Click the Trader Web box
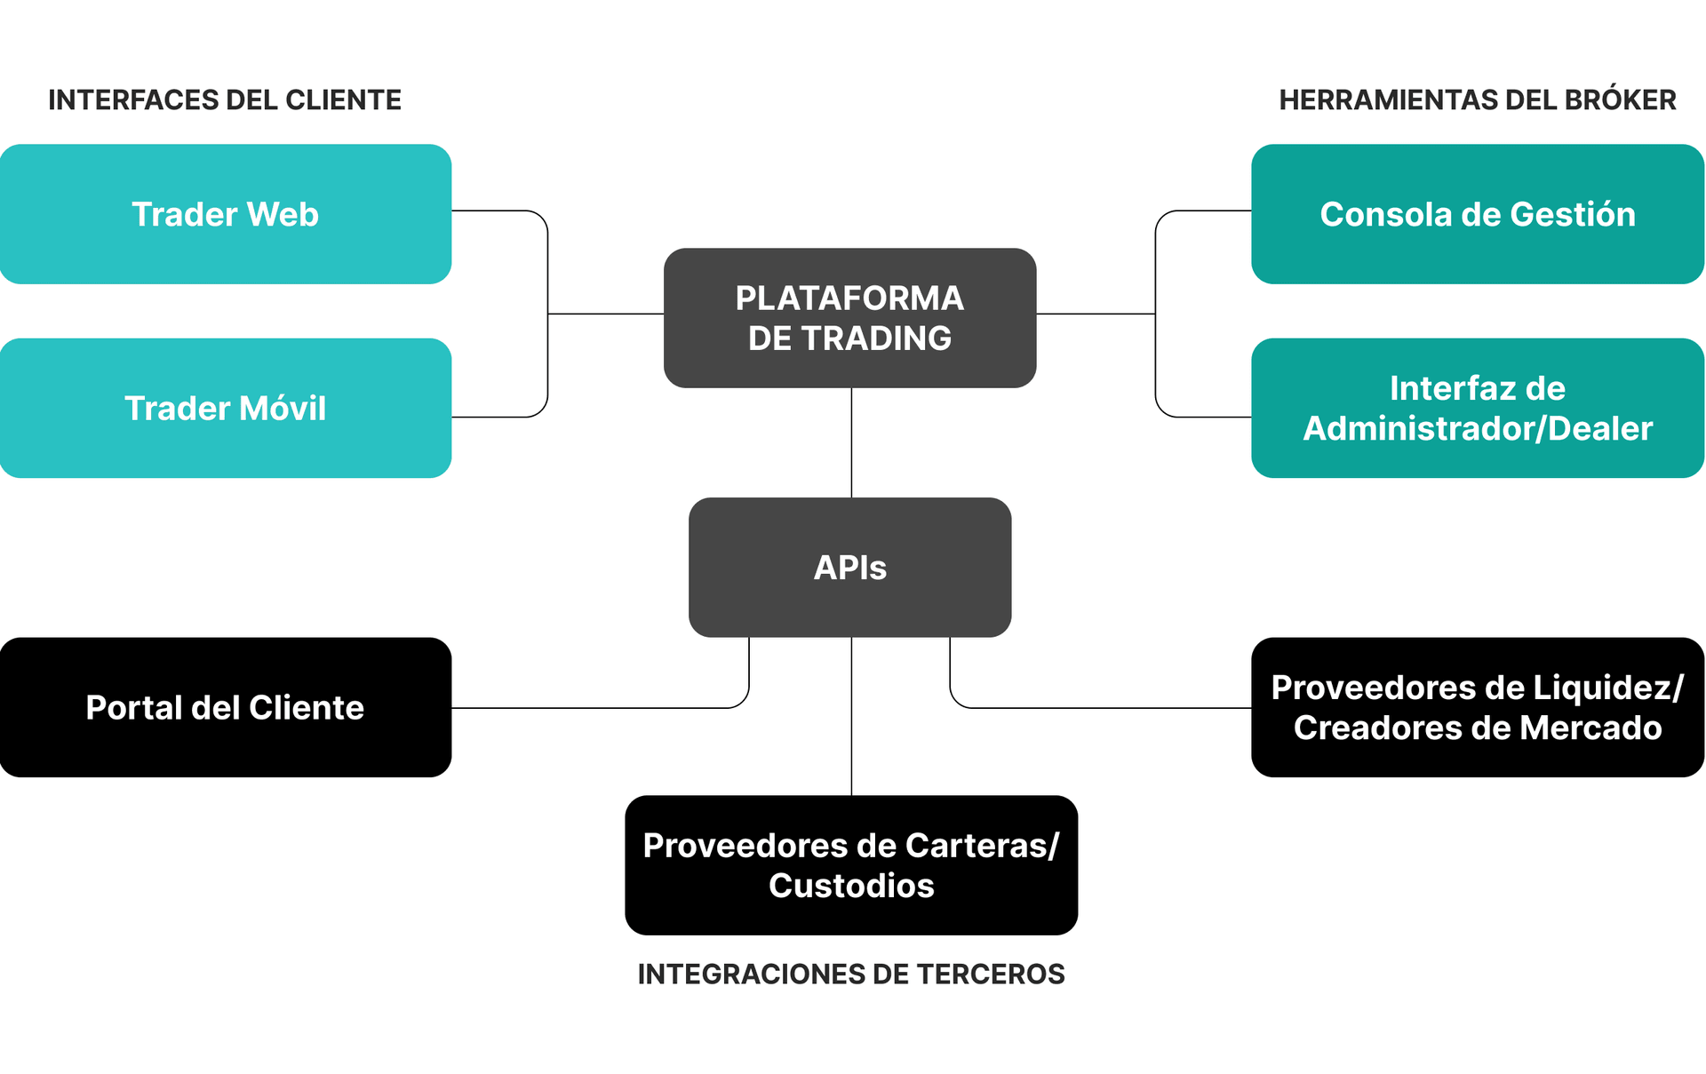[x=225, y=214]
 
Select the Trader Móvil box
[x=225, y=408]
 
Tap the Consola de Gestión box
[x=1477, y=214]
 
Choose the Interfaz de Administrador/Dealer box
[x=1477, y=408]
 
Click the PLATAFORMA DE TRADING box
[x=849, y=317]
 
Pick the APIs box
[x=849, y=567]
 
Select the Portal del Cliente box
[x=225, y=707]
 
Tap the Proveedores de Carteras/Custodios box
[x=851, y=864]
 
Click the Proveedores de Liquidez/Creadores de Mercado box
[x=1477, y=707]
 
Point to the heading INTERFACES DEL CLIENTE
[x=225, y=99]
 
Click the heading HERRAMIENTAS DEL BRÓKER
[x=1477, y=99]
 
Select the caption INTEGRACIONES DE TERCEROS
[x=851, y=974]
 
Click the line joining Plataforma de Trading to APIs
[x=851, y=442]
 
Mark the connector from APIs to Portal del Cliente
[x=604, y=708]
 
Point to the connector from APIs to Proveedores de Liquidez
[x=1102, y=708]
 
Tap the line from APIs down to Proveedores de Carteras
[x=851, y=716]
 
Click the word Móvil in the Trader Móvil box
[x=283, y=408]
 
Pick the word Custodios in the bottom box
[x=851, y=886]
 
